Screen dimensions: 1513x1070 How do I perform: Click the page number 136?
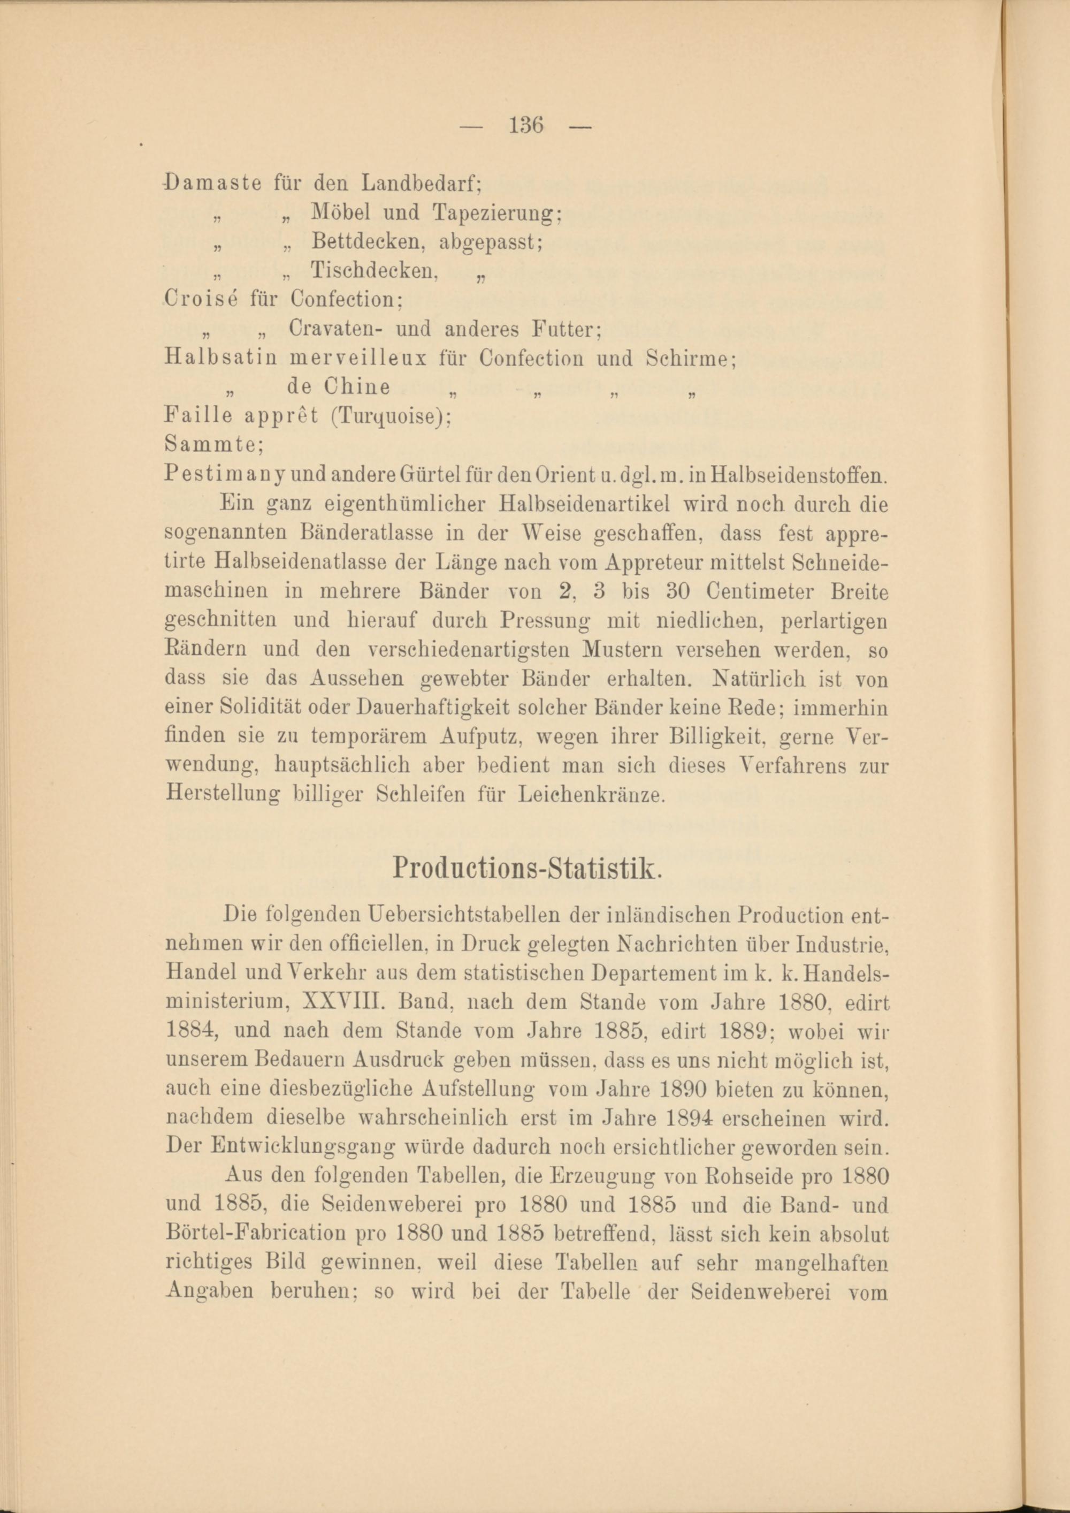tap(526, 125)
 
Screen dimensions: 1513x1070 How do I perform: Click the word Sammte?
tap(213, 445)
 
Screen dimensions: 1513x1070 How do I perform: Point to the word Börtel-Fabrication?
tap(257, 1234)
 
